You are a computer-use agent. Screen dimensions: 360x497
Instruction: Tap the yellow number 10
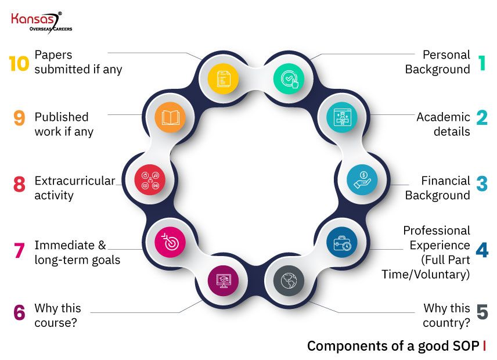pos(19,63)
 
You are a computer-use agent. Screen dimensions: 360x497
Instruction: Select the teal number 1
pos(481,63)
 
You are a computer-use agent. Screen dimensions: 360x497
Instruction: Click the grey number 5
pos(482,312)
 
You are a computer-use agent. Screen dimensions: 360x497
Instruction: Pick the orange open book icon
pos(171,118)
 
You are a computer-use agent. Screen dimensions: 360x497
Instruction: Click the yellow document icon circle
pos(224,78)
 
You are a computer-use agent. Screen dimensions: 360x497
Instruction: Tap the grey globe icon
pos(288,280)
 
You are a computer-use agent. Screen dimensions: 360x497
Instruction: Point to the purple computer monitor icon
pos(223,281)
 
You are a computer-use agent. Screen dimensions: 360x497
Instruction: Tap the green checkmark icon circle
pos(289,78)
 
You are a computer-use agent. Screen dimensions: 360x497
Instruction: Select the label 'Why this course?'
pos(58,315)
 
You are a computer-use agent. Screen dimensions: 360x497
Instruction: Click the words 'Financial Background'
pos(438,188)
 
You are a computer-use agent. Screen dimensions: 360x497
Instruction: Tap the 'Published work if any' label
pos(64,124)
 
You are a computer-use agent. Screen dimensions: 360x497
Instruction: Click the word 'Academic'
pos(443,117)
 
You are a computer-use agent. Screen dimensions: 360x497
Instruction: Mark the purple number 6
pos(19,312)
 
